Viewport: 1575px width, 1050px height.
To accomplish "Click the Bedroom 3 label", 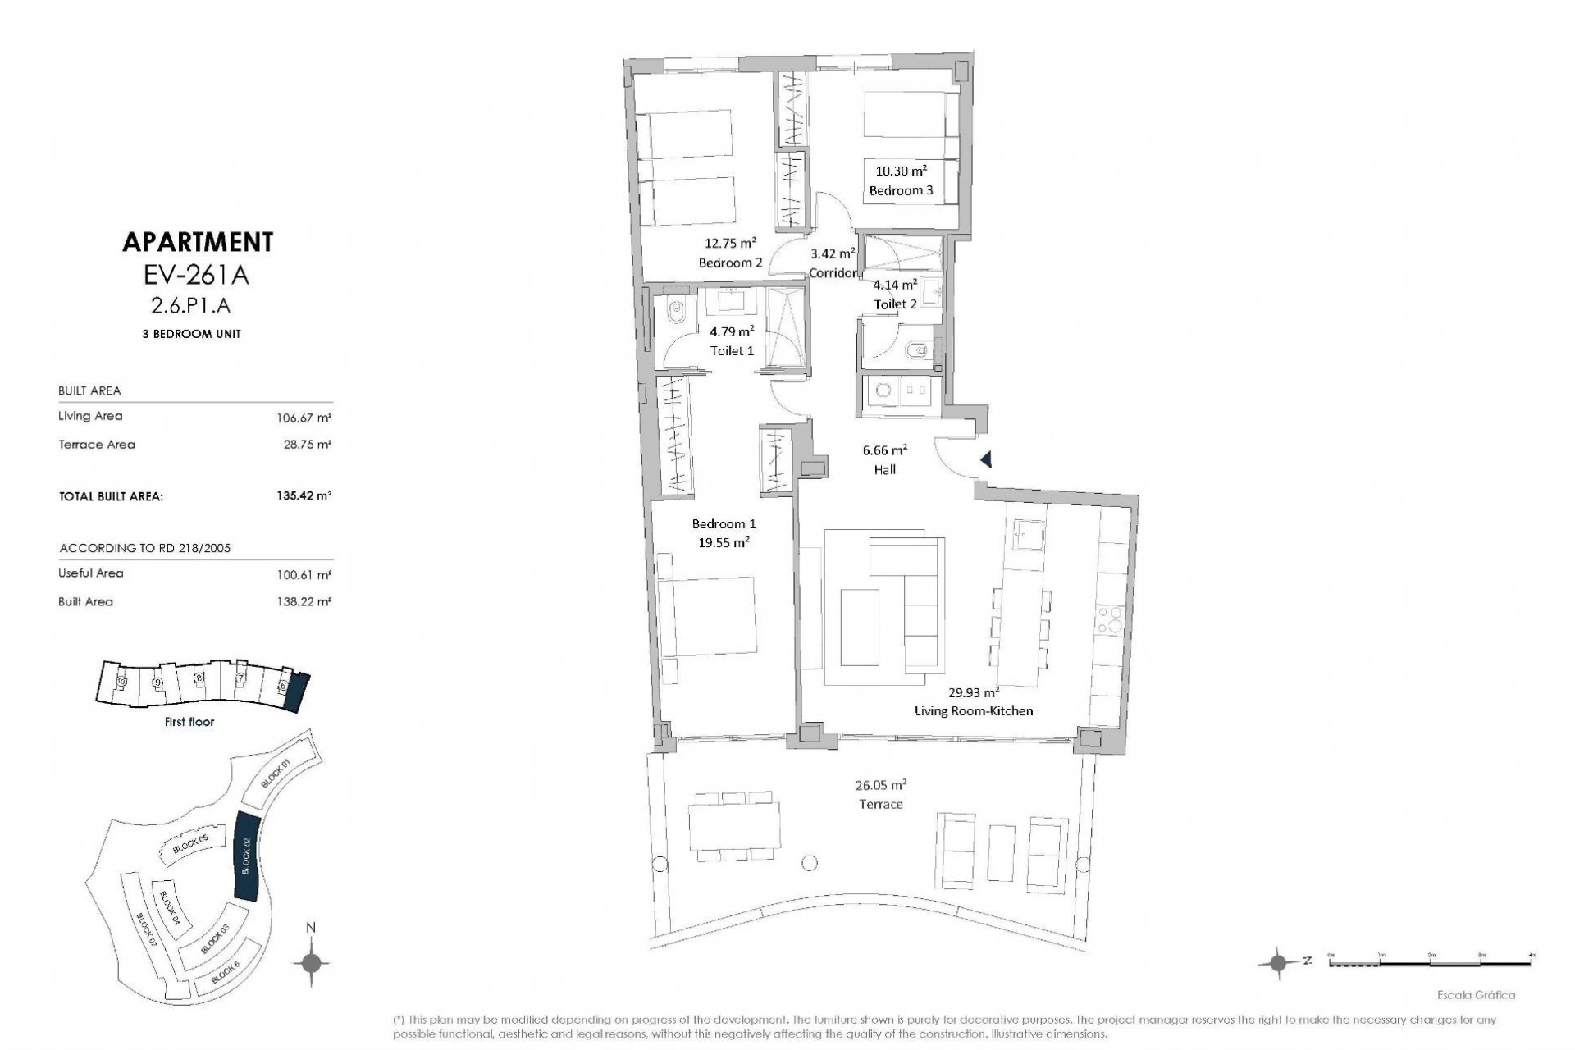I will coord(901,190).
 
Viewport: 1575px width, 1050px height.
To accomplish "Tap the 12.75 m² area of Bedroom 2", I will coord(730,244).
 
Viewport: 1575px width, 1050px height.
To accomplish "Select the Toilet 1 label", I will coord(732,350).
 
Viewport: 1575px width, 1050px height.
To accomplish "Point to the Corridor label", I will coord(833,272).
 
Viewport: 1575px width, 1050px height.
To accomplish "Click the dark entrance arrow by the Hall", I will coord(986,461).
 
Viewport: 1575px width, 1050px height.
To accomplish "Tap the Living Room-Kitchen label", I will coord(973,710).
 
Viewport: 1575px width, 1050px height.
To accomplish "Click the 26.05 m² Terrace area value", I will coord(880,785).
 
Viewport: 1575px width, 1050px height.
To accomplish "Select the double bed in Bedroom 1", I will coord(706,616).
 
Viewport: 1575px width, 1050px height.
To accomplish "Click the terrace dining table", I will coord(734,826).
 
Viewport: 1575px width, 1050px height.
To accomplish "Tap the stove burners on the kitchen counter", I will coord(1112,619).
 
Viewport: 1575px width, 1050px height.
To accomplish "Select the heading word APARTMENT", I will coord(197,242).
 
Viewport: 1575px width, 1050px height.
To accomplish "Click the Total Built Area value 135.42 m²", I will coord(304,496).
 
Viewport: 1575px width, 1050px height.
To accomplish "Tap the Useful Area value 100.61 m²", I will coord(304,574).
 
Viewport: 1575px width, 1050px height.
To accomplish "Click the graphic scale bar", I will coord(1431,963).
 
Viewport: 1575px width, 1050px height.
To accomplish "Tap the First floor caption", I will coord(189,722).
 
